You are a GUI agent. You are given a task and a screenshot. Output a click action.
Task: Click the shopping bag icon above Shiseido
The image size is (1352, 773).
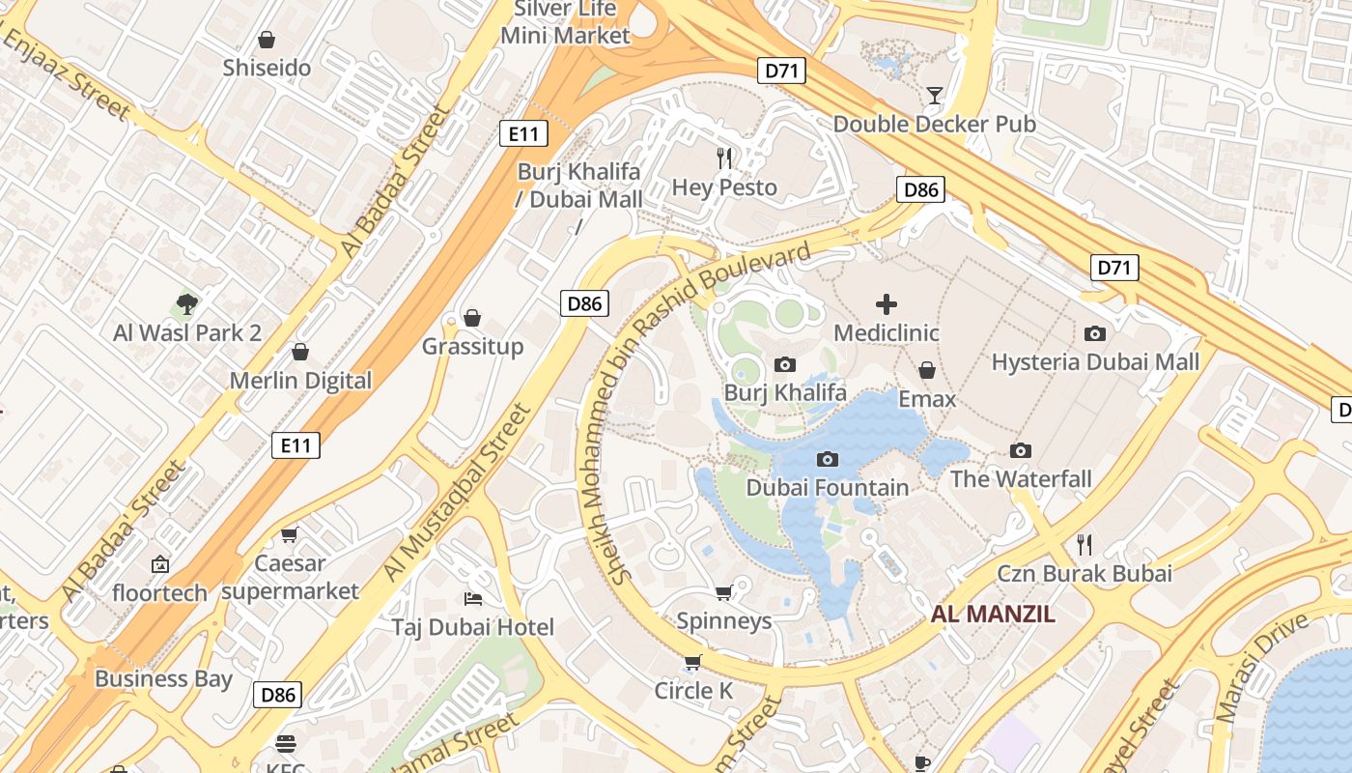click(x=267, y=40)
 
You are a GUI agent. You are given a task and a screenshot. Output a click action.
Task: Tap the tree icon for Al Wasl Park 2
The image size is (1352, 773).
click(x=187, y=304)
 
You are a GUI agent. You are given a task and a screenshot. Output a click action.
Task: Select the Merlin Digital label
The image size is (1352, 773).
click(x=300, y=381)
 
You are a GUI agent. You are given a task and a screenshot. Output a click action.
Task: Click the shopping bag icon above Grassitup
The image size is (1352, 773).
click(x=472, y=318)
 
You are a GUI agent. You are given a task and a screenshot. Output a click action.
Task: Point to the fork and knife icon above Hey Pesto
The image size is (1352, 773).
click(x=724, y=158)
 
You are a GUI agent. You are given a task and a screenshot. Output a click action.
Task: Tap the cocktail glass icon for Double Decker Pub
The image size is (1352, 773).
click(x=934, y=95)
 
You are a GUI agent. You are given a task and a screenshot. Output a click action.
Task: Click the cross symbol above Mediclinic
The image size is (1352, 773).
click(x=886, y=304)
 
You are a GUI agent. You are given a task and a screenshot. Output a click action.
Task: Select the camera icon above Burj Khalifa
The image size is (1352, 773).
click(x=785, y=364)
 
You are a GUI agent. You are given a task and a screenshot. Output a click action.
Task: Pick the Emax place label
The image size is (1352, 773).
click(x=926, y=399)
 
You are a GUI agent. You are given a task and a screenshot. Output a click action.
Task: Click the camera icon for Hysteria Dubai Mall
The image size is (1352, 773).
click(x=1094, y=333)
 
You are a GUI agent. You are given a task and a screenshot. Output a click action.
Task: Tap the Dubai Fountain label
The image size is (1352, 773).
click(x=827, y=488)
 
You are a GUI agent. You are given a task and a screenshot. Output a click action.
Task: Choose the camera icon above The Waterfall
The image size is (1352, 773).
click(x=1021, y=450)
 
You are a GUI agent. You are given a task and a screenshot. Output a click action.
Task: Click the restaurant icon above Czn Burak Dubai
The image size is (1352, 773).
click(x=1084, y=545)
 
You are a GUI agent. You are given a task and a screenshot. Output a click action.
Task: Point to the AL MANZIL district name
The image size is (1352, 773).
click(x=993, y=614)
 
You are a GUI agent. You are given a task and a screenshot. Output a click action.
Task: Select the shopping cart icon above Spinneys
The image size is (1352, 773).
click(x=724, y=591)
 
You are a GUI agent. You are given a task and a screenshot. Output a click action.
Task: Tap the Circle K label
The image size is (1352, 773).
click(x=693, y=691)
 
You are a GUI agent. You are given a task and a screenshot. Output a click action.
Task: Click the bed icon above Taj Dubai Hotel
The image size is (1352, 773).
click(x=472, y=599)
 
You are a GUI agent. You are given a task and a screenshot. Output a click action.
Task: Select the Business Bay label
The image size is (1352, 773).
click(x=163, y=678)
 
